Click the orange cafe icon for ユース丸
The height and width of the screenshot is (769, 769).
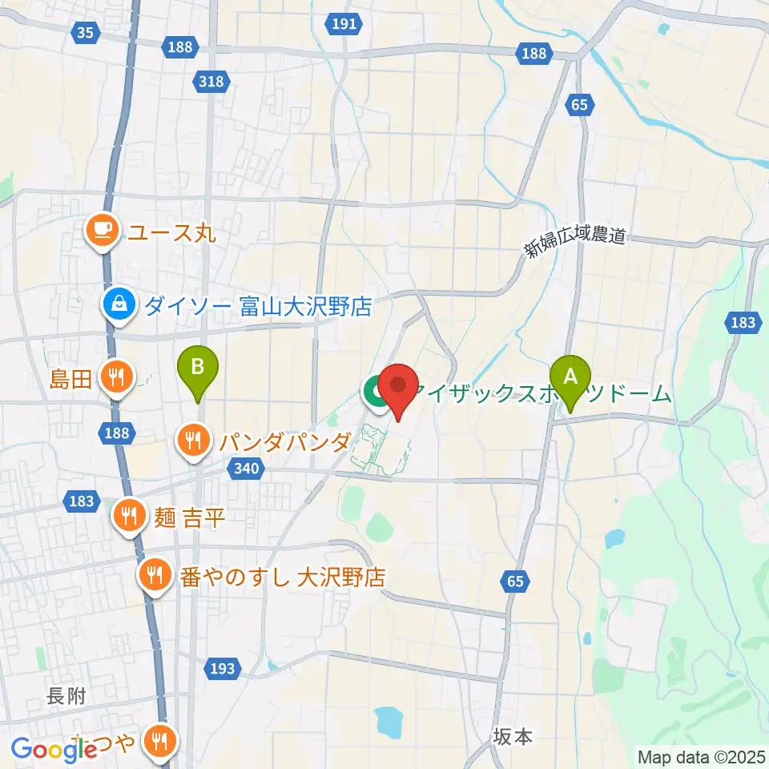[x=102, y=232]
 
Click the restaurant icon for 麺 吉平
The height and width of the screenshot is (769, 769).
[x=128, y=513]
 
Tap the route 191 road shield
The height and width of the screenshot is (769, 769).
[x=344, y=24]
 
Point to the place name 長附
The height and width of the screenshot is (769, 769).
[x=66, y=697]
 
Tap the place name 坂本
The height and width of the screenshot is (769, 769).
[x=513, y=736]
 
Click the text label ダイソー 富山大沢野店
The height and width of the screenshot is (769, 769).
[x=260, y=305]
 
